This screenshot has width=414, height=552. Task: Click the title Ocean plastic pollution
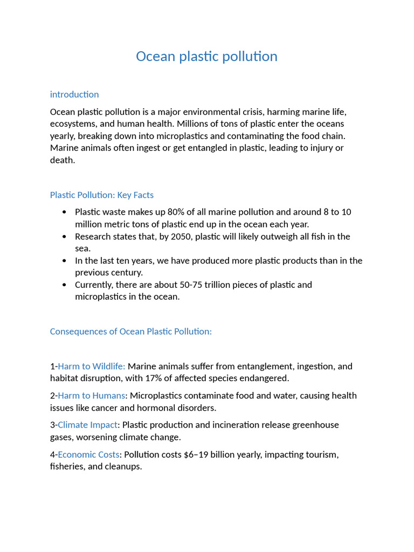(206, 57)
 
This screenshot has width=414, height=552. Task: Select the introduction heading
(74, 94)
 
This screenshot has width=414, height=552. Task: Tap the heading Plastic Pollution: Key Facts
(101, 195)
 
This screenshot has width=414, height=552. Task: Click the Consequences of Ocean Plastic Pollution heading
(130, 332)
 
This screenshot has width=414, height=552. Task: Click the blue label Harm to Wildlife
(91, 367)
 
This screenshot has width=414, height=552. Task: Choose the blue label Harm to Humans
(91, 396)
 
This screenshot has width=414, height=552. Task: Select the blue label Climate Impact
(87, 425)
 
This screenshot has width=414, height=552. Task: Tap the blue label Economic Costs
(88, 454)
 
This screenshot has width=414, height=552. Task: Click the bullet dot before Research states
(65, 237)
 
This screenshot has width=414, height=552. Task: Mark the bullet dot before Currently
(65, 285)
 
